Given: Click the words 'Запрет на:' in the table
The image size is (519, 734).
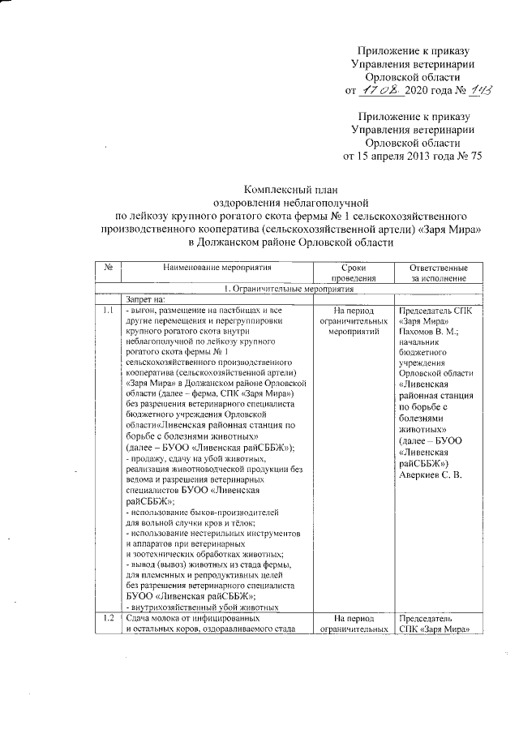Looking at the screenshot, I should coord(146,299).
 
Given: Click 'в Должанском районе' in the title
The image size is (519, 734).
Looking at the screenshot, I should coord(239,243).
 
